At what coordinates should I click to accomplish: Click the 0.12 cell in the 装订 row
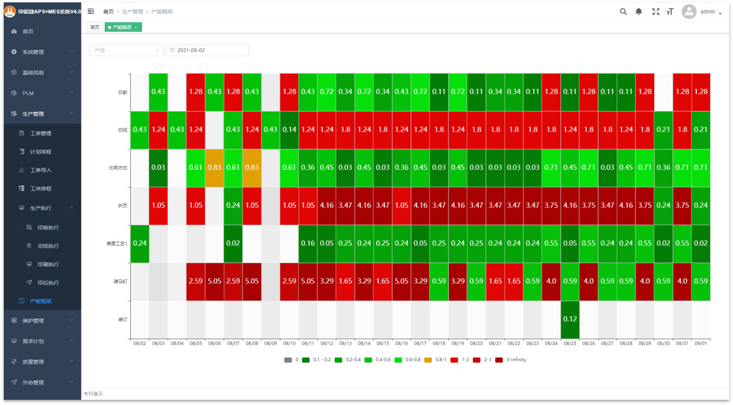coord(570,319)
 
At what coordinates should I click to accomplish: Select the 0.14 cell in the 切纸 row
coord(289,130)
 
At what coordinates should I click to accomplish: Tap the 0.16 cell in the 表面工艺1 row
coord(308,243)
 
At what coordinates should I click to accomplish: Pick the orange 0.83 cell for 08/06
coord(215,168)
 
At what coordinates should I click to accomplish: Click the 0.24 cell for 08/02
coord(140,243)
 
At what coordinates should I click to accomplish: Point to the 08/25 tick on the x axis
coord(570,343)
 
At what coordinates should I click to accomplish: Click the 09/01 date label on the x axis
coord(701,343)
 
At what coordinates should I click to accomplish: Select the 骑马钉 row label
coord(120,282)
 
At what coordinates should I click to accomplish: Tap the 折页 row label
coord(123,206)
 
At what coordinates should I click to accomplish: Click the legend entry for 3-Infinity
coord(511,360)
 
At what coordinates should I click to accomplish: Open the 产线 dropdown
coord(126,50)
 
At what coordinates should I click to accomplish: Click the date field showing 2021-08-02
coord(207,50)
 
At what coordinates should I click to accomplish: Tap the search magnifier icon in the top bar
coord(623,12)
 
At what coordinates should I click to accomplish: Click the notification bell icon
coord(639,12)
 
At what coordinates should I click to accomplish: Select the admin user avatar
coord(689,12)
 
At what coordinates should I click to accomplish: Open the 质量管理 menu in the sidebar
coord(33,362)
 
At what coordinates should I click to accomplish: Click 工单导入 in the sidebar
coord(41,170)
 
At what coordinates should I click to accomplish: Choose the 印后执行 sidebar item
coord(48,283)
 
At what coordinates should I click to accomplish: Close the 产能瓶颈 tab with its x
coord(136,27)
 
